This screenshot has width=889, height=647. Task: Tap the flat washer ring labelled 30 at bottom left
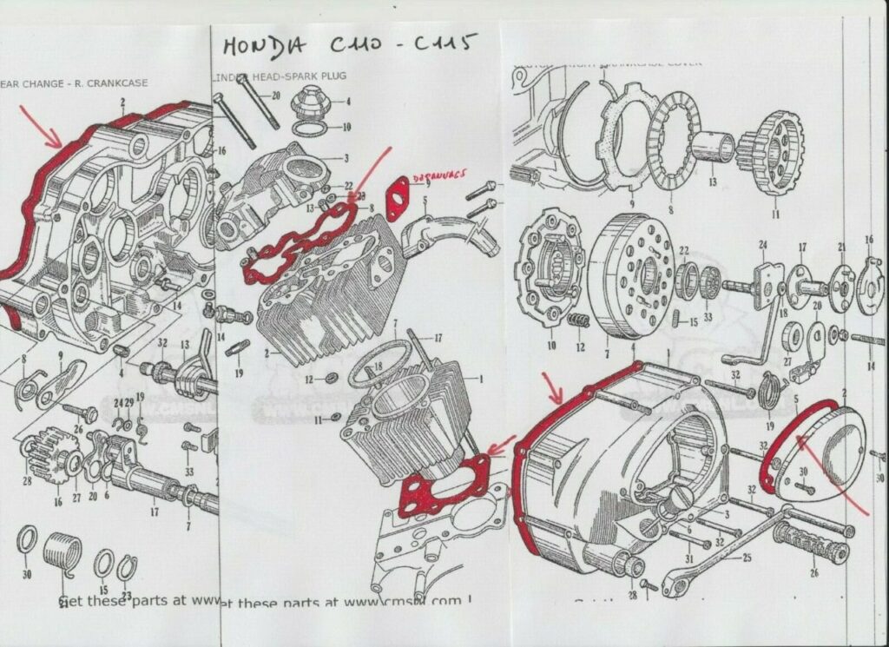point(26,542)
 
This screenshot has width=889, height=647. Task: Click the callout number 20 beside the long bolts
point(275,96)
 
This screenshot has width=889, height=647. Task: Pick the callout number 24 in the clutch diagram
point(763,245)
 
